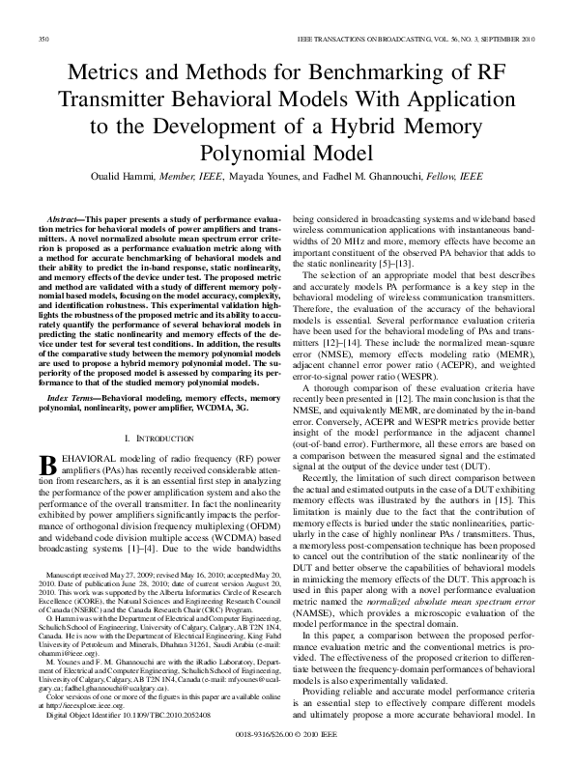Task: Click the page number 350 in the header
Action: click(x=43, y=40)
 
